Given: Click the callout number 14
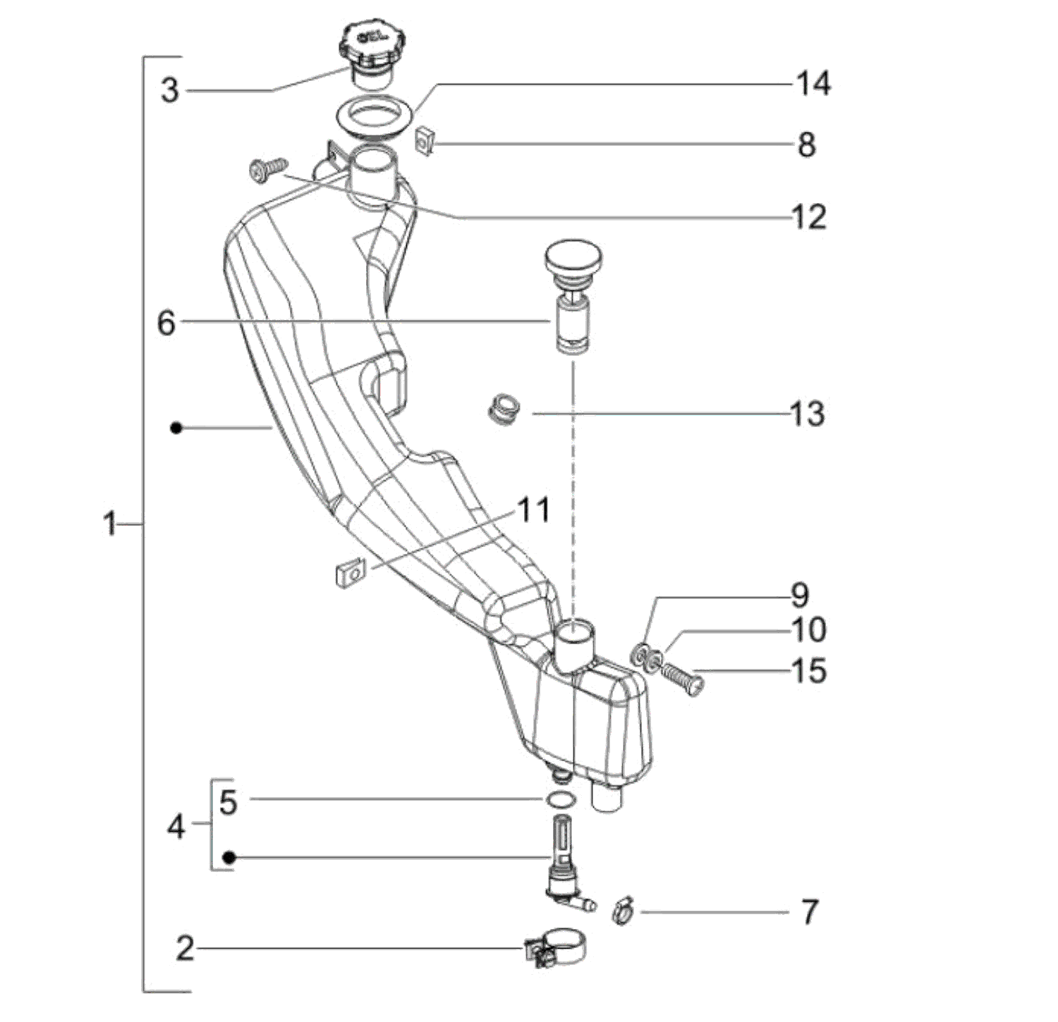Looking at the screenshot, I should [813, 84].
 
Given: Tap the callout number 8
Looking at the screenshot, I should [806, 145].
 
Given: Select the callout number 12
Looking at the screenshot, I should [808, 217].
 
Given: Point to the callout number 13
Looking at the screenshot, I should [807, 414].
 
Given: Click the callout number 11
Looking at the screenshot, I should [533, 510].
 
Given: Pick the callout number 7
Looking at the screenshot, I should [809, 912].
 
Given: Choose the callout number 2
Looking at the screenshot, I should [184, 949].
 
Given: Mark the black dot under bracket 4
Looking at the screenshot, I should [229, 857].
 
